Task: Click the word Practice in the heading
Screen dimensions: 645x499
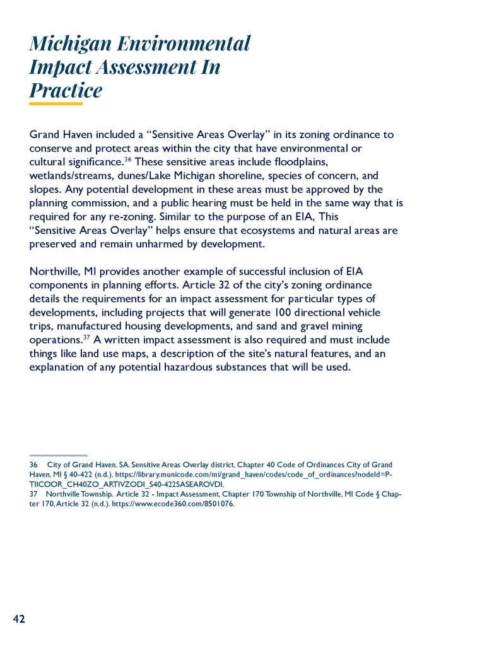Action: point(66,90)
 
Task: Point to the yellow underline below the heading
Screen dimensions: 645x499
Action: point(56,104)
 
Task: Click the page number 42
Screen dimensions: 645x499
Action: point(19,619)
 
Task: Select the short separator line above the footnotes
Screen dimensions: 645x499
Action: point(58,455)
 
